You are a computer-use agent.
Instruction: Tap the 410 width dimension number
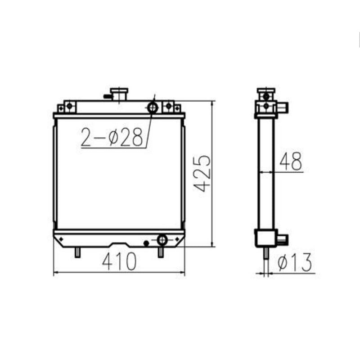point(119,262)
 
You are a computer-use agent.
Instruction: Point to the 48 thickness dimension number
point(290,162)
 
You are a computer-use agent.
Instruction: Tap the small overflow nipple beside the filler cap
point(107,96)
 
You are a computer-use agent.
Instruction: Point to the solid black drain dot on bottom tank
point(145,243)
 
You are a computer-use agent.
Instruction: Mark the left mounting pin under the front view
point(77,252)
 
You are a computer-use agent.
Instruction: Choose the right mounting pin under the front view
point(160,252)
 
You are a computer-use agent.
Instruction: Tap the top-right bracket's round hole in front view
point(169,106)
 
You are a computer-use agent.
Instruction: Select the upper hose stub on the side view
point(283,108)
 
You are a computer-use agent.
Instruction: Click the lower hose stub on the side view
point(283,238)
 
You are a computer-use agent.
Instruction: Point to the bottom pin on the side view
point(266,254)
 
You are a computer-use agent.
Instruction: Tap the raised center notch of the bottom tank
point(119,244)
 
